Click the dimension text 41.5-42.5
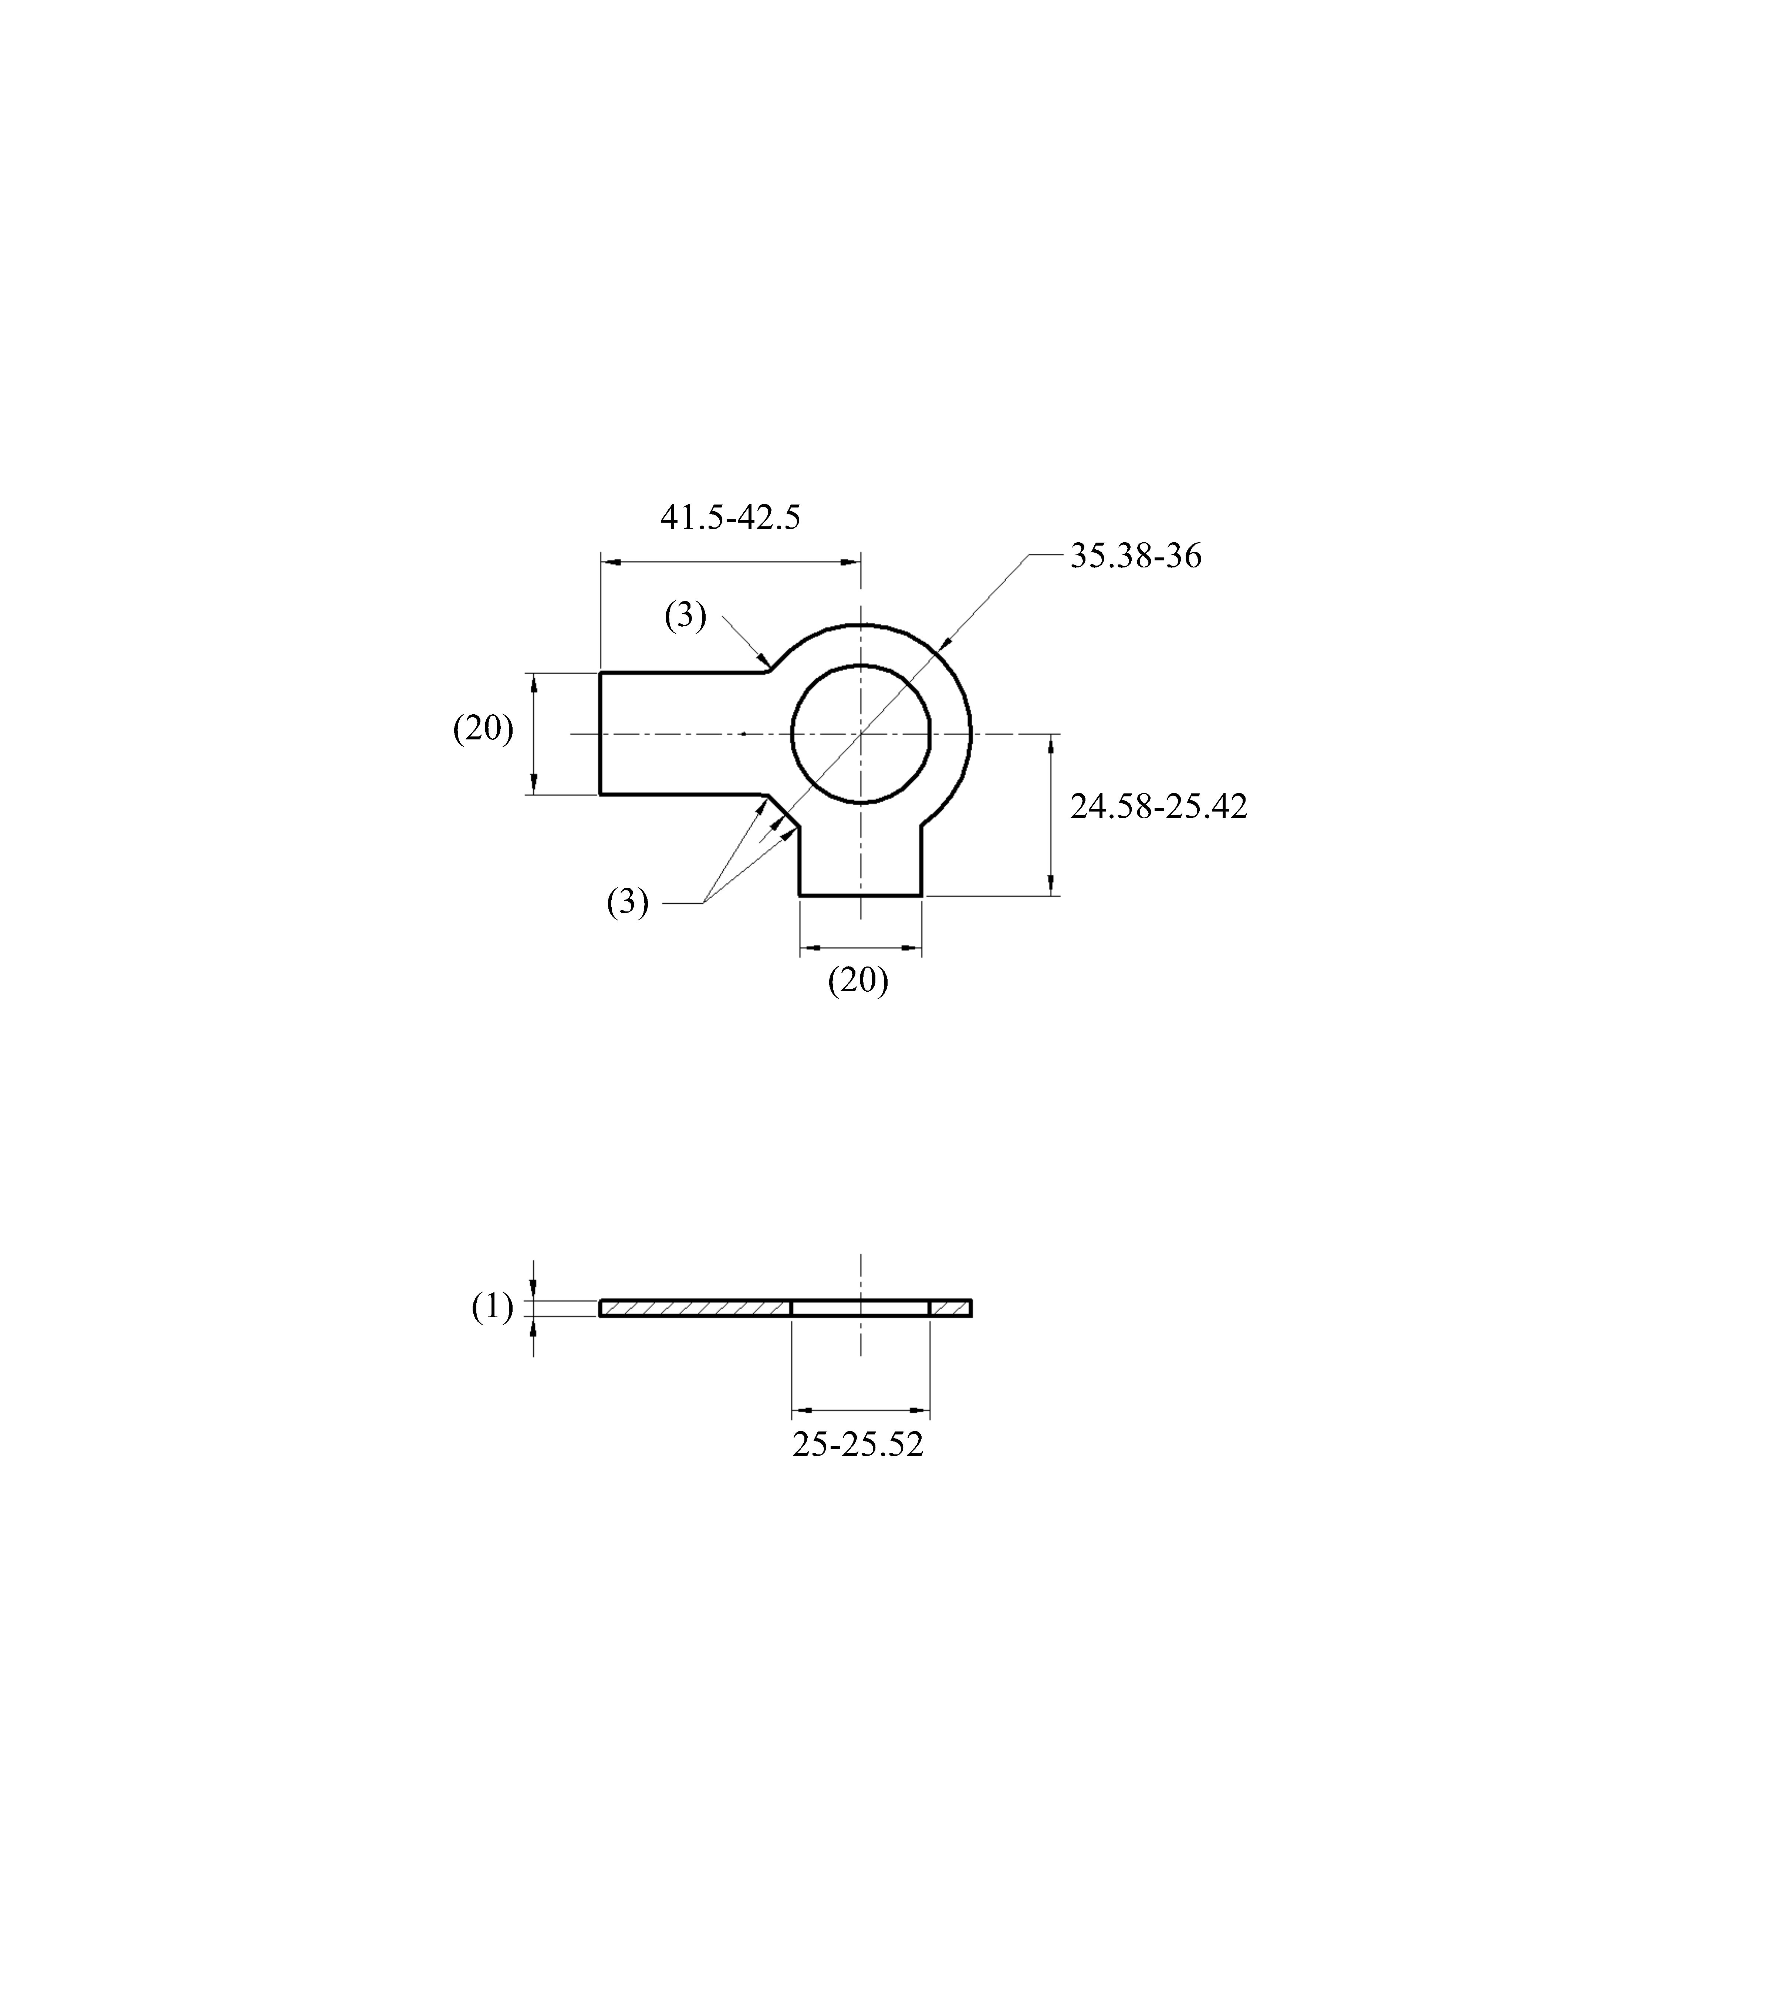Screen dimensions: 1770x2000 click(730, 517)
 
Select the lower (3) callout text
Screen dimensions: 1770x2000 click(627, 901)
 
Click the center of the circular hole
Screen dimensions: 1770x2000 click(860, 733)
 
